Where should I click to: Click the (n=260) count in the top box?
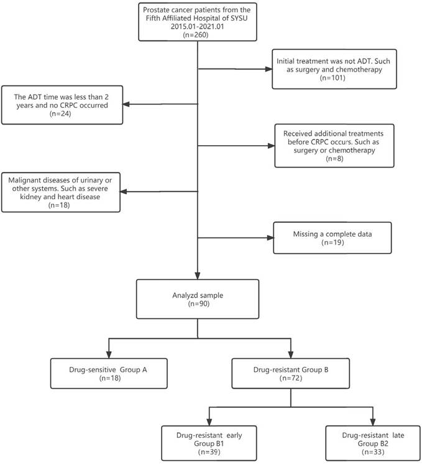[x=197, y=36]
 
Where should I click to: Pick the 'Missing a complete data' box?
[x=333, y=237]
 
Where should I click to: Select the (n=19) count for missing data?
[x=333, y=244]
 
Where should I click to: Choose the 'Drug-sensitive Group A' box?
[x=109, y=372]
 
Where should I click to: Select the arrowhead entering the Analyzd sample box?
[x=197, y=277]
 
